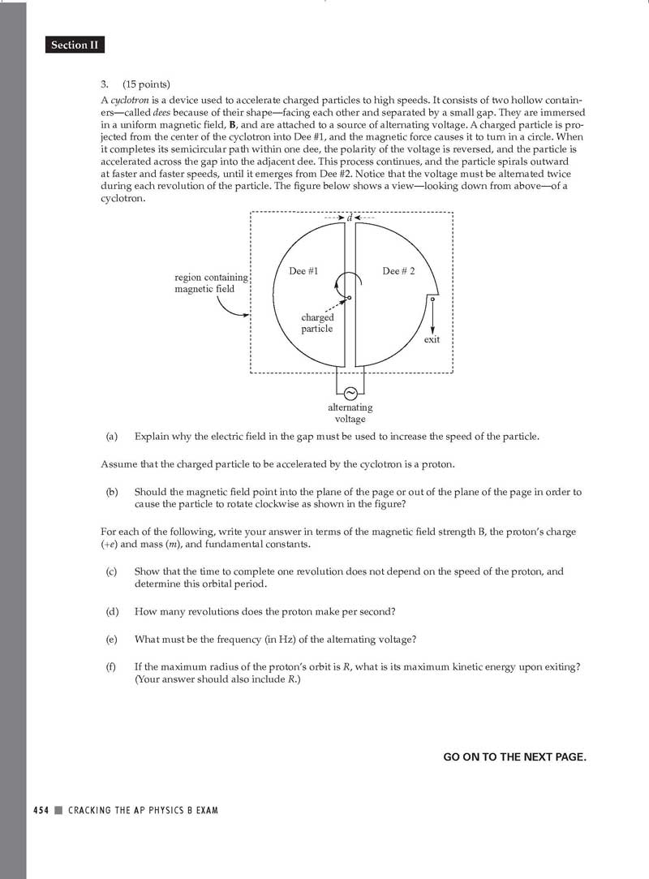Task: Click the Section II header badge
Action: pos(75,45)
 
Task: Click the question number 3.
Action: pos(105,84)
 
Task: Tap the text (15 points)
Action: pos(147,84)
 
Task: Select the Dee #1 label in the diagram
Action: pos(303,271)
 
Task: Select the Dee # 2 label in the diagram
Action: pos(398,271)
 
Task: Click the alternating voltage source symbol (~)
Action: pos(350,394)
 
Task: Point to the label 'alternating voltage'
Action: pos(350,413)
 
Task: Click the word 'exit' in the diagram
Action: pos(432,339)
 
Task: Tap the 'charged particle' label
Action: pos(317,323)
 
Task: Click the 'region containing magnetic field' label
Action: pos(211,283)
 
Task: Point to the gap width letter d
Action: pos(349,218)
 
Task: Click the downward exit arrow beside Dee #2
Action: pos(432,317)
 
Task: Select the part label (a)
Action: pos(112,437)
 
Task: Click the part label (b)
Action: pos(112,492)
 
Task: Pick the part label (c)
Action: pos(112,571)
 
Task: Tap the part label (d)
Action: pos(112,611)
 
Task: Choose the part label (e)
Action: pos(112,639)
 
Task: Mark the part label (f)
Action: pos(112,666)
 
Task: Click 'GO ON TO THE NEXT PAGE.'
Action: pos(514,756)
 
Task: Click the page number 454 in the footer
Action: pos(41,810)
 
